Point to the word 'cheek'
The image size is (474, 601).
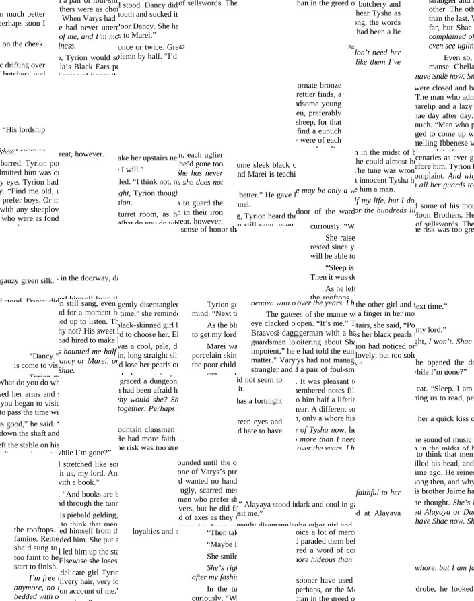click(x=34, y=44)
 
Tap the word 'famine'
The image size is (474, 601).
click(x=26, y=540)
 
